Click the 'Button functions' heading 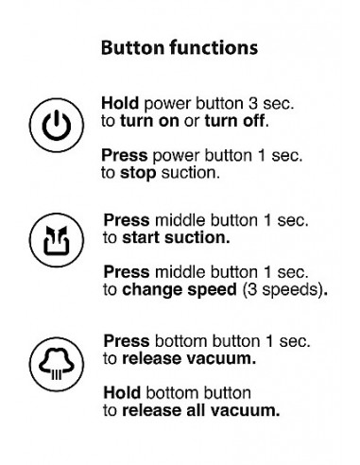coord(180,48)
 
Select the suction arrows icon coord(57,240)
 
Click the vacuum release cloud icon coord(57,364)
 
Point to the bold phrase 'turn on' coord(149,121)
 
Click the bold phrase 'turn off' coord(234,121)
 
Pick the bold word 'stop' coord(138,174)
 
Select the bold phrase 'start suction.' coord(176,238)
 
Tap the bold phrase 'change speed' coord(180,290)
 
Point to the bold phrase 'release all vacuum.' coord(201,410)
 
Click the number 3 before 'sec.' coord(252,104)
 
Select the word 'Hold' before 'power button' coord(120,103)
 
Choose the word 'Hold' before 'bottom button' coord(122,393)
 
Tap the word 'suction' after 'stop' coord(189,173)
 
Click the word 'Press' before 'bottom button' coord(127,341)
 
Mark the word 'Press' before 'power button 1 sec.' coord(125,155)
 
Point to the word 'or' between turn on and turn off coord(192,122)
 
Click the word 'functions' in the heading coord(214,48)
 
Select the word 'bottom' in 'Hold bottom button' coord(172,393)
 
